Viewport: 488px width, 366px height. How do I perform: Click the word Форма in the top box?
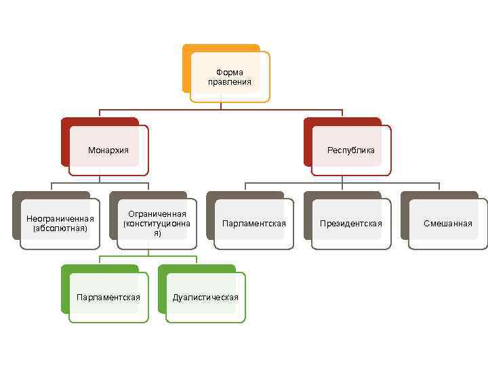(x=229, y=72)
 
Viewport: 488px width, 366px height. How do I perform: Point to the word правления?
(x=229, y=82)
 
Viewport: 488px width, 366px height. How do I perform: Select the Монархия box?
(x=108, y=150)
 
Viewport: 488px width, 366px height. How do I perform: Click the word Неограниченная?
(x=60, y=218)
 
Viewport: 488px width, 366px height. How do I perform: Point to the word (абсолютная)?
(x=60, y=228)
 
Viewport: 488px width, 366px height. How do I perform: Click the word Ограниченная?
(x=157, y=214)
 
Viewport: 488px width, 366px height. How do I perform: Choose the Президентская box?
(x=350, y=224)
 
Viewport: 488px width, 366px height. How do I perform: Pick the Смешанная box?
(x=447, y=224)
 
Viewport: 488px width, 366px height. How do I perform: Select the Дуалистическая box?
(x=205, y=297)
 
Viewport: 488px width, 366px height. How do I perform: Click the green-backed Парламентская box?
(x=108, y=297)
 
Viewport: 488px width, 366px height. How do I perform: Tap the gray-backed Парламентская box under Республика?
(x=254, y=224)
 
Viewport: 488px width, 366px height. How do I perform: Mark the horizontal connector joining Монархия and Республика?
(x=221, y=109)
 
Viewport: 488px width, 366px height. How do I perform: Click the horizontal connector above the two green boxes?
(x=148, y=256)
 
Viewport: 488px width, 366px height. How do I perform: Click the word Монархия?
(x=108, y=150)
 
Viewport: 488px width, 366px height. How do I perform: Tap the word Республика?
(x=350, y=150)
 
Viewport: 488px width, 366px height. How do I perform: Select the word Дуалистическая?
(x=205, y=298)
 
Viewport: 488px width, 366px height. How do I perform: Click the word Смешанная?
(x=447, y=224)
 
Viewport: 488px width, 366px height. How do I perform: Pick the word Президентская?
(x=350, y=224)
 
